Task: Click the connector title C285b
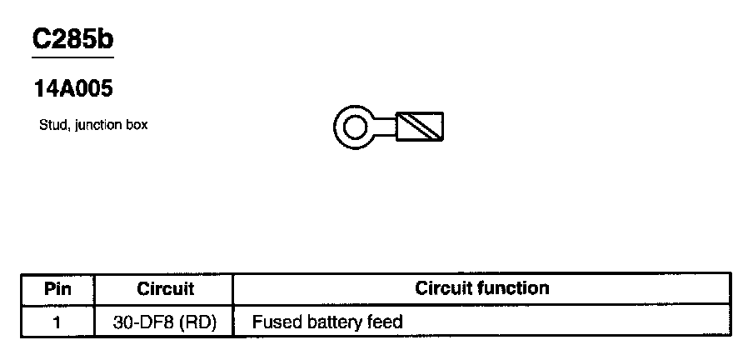[72, 39]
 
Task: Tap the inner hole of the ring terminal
[355, 127]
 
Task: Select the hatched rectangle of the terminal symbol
[421, 127]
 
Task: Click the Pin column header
[57, 289]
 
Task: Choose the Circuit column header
[165, 289]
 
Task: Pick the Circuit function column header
[482, 288]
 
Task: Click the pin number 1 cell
[57, 322]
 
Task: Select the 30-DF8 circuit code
[143, 322]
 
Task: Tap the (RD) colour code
[197, 322]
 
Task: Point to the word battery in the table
[332, 322]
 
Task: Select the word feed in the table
[386, 322]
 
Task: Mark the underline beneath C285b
[72, 57]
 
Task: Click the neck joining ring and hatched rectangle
[386, 127]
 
